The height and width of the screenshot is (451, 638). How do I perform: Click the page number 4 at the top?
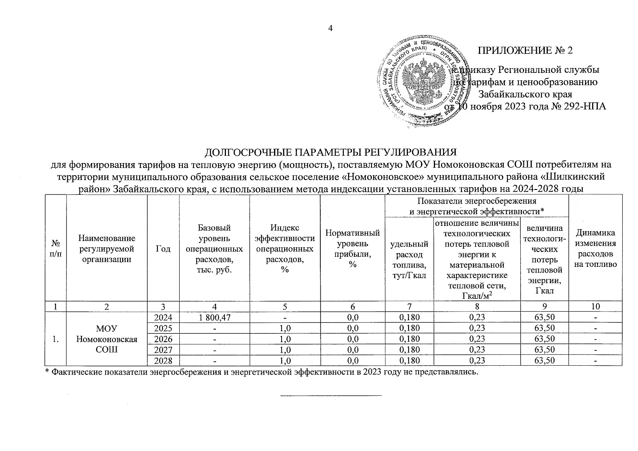coord(331,28)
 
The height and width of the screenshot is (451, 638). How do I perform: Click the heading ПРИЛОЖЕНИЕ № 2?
coord(525,50)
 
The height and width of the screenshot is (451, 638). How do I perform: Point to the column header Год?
coord(163,249)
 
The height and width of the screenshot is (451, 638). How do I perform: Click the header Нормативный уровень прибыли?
coord(352,249)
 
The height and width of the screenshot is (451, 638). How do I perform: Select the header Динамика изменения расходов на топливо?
coord(595,248)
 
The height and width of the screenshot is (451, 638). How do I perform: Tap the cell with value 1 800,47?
coord(214,317)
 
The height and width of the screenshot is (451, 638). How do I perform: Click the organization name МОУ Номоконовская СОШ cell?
coord(107,339)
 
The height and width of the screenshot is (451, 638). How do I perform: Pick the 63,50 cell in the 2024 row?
coord(544,317)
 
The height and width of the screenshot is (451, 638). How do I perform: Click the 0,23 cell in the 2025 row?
coord(477,328)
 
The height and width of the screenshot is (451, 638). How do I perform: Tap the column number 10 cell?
coord(595,306)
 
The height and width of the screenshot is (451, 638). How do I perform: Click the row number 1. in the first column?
coord(56,339)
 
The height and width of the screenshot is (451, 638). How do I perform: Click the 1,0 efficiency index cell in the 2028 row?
coord(285,361)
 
